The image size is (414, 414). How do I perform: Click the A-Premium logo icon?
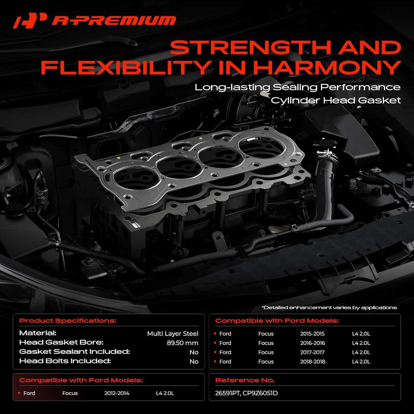coord(30,20)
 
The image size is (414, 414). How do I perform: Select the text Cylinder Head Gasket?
coord(335,100)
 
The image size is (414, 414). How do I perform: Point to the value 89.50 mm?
coord(182,343)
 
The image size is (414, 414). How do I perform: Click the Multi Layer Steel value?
coord(173,334)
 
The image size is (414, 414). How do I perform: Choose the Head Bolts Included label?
coord(65,361)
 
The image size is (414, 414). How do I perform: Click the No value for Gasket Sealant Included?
coord(194,352)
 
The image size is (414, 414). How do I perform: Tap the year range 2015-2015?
coord(312,334)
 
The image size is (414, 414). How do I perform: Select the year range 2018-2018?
coord(312,362)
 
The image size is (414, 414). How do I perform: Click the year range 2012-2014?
coord(116,393)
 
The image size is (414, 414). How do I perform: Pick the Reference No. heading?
coord(245,380)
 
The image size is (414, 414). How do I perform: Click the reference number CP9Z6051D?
coord(260,393)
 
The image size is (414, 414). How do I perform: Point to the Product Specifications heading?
coord(68,321)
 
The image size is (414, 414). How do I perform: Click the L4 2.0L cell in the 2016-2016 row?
coord(361,343)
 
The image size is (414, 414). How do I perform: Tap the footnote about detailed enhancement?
coord(329,307)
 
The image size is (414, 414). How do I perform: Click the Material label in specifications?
coord(38,333)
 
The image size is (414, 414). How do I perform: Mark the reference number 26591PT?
coord(227,393)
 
